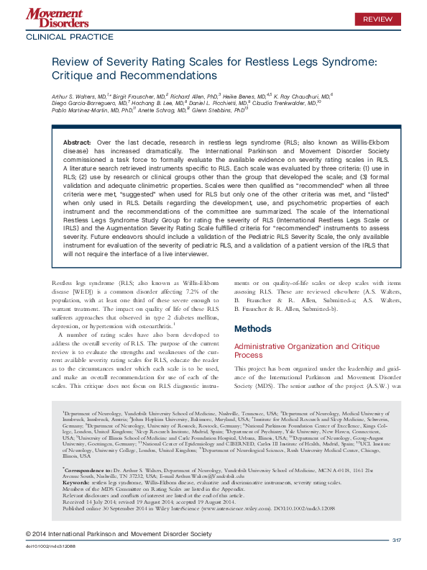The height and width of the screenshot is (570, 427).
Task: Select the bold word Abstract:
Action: [x=77, y=144]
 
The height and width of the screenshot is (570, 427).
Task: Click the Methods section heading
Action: [x=253, y=329]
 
